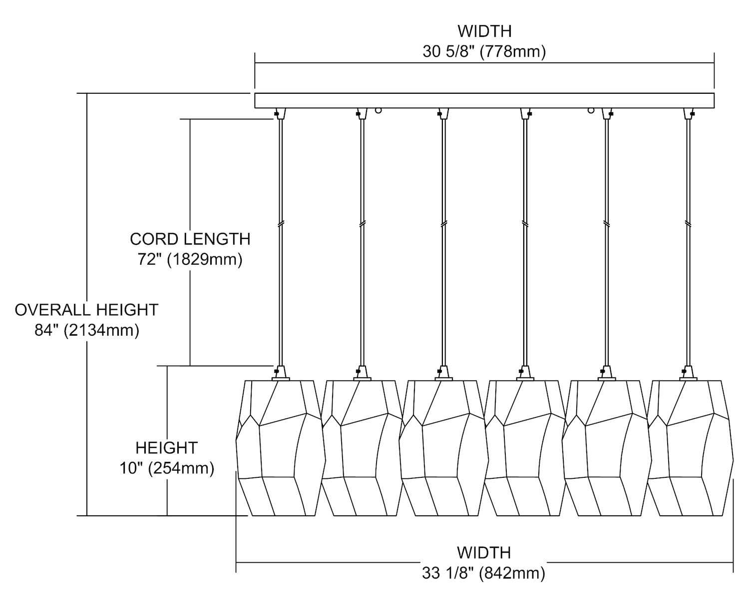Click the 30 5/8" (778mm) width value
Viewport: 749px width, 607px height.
tap(484, 52)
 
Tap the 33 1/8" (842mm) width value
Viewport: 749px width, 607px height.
tap(483, 574)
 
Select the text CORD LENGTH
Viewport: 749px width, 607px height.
tap(190, 239)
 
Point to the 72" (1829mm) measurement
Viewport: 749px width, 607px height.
tap(190, 260)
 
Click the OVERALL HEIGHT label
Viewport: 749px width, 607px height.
tap(86, 310)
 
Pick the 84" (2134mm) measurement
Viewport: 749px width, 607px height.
tap(87, 330)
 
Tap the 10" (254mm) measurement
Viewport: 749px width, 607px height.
tap(167, 468)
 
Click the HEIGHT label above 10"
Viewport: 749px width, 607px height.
tap(167, 448)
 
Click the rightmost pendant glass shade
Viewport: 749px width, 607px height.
tap(690, 449)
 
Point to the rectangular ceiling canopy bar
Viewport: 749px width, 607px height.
tap(484, 100)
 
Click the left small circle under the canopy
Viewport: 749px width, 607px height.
tap(378, 110)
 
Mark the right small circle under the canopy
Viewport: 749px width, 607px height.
tap(591, 110)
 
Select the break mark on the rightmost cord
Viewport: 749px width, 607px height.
tap(689, 223)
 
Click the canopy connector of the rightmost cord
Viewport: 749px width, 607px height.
tap(689, 114)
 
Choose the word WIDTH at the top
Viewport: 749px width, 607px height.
tap(484, 31)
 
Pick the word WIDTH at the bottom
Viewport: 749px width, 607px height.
tap(484, 553)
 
